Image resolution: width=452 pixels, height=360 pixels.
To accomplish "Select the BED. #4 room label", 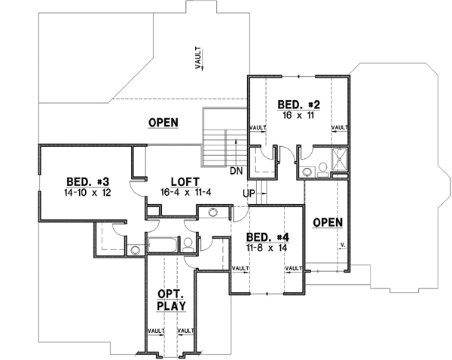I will click(267, 235).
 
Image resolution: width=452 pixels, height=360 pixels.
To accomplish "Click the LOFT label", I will click(184, 182).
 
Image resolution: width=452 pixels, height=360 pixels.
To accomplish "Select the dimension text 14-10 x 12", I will click(87, 193).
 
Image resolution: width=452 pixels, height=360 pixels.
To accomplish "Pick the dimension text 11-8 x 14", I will click(267, 246).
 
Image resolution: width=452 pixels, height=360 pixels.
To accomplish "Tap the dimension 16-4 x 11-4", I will click(184, 193).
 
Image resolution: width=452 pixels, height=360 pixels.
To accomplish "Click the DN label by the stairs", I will click(235, 170).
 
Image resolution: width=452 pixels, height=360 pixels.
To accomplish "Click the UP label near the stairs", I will click(247, 194).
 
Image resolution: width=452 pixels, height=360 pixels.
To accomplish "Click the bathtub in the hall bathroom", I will click(162, 244).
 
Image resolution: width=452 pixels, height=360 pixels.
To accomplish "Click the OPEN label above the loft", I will click(163, 123).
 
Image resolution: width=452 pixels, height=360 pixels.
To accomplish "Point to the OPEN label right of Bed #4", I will click(328, 222).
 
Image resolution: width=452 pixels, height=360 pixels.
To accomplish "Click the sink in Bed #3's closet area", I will click(135, 249).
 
